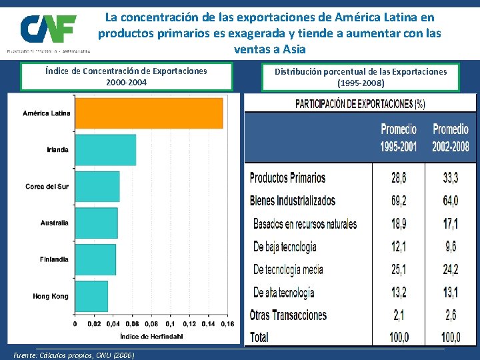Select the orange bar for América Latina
(149, 113)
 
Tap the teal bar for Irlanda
(105, 150)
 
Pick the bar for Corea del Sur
(97, 187)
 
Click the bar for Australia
(96, 223)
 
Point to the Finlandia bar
(95, 259)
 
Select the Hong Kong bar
(91, 296)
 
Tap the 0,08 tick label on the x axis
(151, 324)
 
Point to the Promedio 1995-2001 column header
(399, 137)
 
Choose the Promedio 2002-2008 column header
(451, 137)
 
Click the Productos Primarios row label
(287, 178)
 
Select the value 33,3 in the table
(451, 178)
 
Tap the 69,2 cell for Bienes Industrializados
(399, 201)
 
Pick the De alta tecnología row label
(283, 292)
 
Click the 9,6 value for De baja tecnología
(451, 247)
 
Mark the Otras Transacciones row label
(288, 315)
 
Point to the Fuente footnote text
(74, 355)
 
